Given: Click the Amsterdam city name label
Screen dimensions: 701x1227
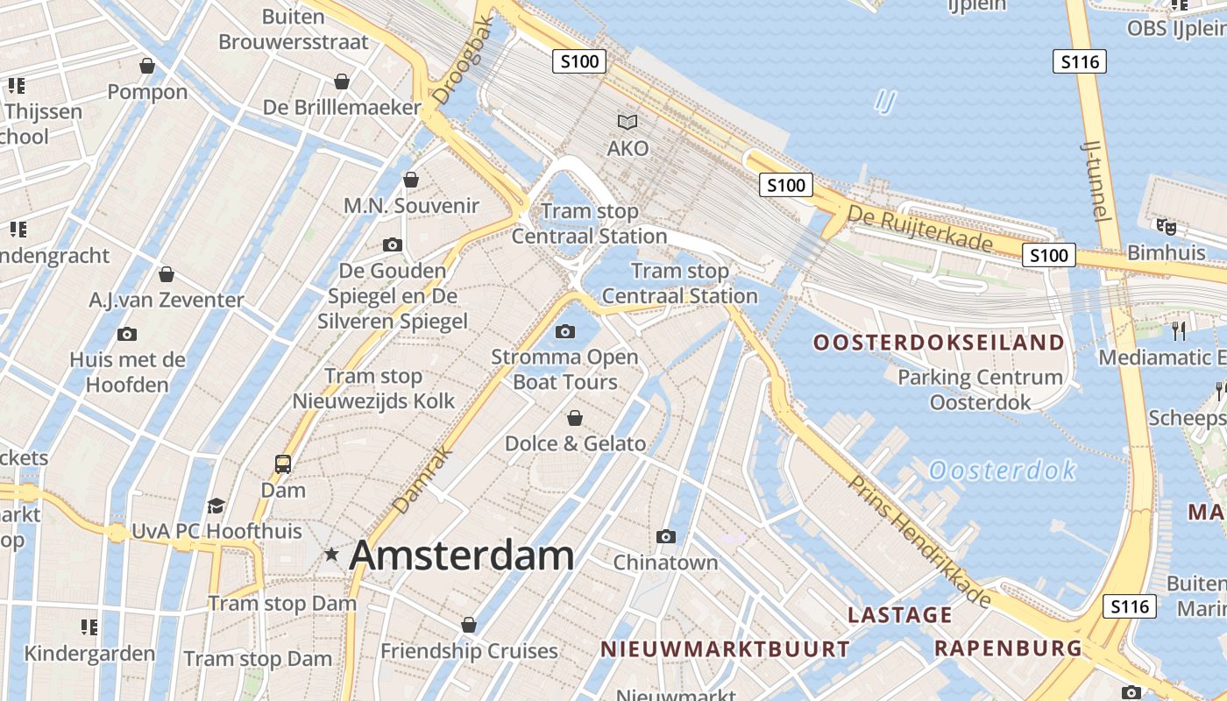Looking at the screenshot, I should click(x=462, y=556).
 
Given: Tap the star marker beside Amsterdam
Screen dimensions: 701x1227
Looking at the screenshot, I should click(x=331, y=555).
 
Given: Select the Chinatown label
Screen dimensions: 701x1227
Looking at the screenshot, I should click(x=665, y=562).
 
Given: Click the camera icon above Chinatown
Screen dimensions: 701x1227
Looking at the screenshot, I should click(x=666, y=536).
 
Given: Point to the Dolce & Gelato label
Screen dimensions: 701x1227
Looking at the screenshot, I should click(x=575, y=443).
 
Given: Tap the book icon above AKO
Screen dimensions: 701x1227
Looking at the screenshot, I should click(x=628, y=122).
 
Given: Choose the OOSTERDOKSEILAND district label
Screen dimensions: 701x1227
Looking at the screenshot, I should click(x=939, y=343).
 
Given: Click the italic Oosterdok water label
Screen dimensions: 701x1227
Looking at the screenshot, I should click(x=1002, y=471).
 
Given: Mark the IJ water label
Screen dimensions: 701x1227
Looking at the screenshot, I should click(x=885, y=102).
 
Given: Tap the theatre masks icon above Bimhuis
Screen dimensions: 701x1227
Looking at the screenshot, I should click(x=1166, y=227).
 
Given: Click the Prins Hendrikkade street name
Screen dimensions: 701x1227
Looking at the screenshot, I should click(x=920, y=542).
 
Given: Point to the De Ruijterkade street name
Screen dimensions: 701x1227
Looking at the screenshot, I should click(x=919, y=228).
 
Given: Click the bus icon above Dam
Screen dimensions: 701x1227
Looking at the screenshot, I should click(x=283, y=464).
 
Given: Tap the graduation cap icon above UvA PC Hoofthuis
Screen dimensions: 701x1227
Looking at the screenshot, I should click(x=216, y=506).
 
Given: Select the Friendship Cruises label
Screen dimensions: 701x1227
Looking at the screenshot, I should click(x=469, y=651).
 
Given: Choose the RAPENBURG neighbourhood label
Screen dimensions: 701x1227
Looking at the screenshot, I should click(x=1008, y=648).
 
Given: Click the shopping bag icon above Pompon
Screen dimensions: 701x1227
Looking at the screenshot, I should click(x=147, y=66).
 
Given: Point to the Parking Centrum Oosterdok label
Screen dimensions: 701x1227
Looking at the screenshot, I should click(x=981, y=390).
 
